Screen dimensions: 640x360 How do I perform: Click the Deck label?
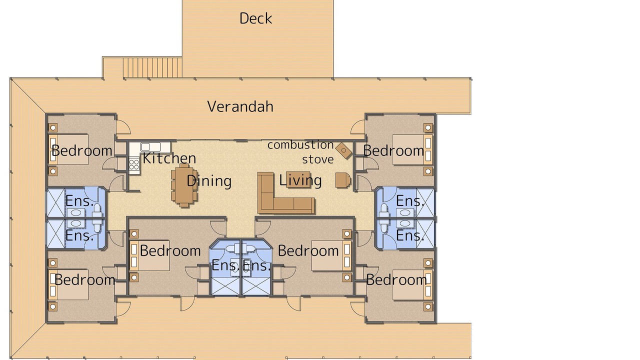(x=255, y=18)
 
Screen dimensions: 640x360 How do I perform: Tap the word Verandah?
(x=240, y=106)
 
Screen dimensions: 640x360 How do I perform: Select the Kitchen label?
(x=169, y=158)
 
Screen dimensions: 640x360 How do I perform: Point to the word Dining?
(x=209, y=181)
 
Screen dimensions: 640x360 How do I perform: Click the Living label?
(x=300, y=180)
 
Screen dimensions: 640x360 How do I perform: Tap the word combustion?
(x=300, y=145)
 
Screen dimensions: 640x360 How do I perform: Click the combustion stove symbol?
(x=343, y=150)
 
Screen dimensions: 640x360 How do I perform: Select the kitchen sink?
(x=150, y=147)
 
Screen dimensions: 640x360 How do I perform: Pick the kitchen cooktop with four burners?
(x=134, y=165)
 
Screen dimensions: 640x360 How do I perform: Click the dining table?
(x=184, y=185)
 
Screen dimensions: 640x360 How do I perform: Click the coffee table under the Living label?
(x=298, y=179)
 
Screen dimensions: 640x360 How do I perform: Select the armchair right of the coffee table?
(x=343, y=180)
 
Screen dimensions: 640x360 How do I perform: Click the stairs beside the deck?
(x=152, y=67)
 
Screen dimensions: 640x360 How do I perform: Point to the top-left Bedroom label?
(x=82, y=150)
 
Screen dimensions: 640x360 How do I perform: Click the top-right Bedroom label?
(x=393, y=150)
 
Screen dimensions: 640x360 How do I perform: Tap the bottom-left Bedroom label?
(x=85, y=279)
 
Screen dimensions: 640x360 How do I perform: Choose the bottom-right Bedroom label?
(x=396, y=279)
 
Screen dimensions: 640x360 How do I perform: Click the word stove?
(x=318, y=159)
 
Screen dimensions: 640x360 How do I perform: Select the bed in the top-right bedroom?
(x=412, y=149)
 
